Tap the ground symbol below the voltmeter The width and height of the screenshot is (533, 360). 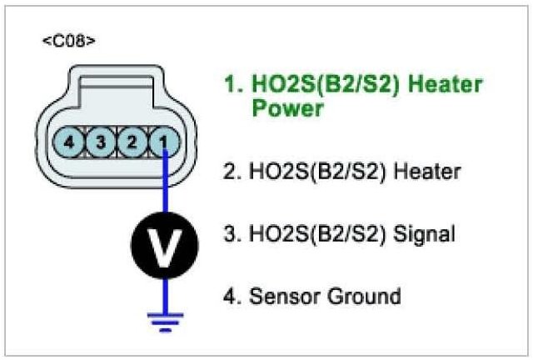165,321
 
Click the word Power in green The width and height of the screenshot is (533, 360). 287,109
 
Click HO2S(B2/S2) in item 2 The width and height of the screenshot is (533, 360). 321,172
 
